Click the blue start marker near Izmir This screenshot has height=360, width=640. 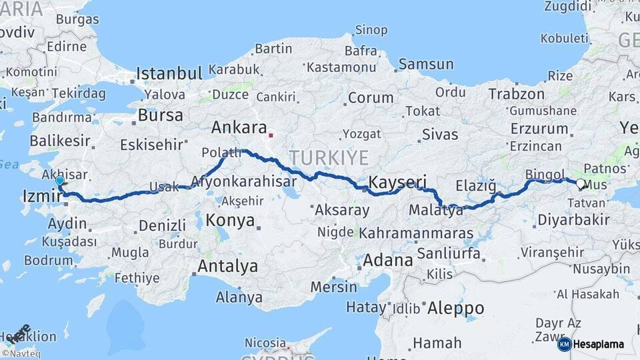(60, 180)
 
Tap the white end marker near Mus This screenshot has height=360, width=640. (580, 184)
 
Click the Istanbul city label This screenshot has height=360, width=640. (169, 73)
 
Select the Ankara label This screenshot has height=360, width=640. (239, 127)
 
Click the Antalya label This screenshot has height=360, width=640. (227, 267)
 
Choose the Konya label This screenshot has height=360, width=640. (230, 220)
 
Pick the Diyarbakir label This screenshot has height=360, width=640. (573, 220)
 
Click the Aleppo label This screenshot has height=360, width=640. (455, 308)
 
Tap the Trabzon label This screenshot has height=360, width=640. (517, 94)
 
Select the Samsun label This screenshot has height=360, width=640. (425, 65)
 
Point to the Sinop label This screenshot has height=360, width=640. (371, 29)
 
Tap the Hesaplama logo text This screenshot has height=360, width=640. (599, 344)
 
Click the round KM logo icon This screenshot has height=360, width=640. (564, 344)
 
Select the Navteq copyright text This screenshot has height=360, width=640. (21, 354)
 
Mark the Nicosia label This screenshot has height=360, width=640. (265, 343)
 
